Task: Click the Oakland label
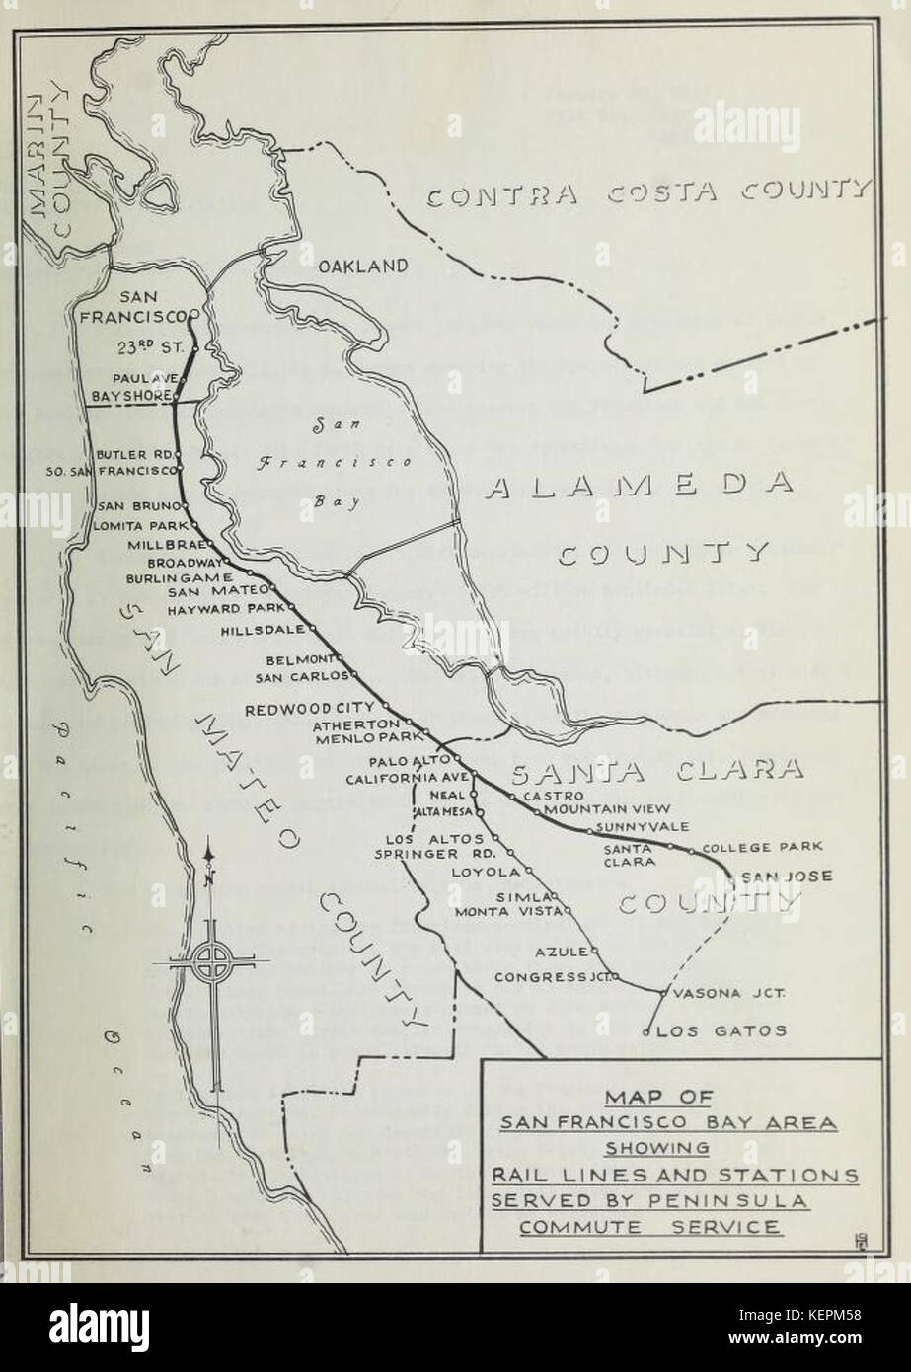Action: tap(362, 266)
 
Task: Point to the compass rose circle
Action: tap(211, 960)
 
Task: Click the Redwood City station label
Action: tap(310, 708)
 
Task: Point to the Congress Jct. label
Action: tap(555, 977)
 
